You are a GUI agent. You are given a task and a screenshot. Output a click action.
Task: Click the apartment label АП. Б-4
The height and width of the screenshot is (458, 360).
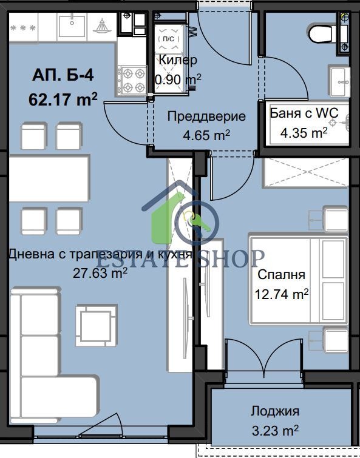click(63, 75)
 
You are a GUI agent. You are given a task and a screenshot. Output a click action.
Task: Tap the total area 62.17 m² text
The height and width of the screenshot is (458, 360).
click(63, 99)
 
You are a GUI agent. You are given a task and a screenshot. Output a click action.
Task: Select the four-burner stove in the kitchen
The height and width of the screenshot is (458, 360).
click(132, 80)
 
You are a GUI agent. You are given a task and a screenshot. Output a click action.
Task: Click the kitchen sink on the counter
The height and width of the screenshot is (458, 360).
click(72, 26)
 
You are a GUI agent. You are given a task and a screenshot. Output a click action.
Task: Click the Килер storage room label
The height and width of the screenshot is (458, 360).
click(178, 60)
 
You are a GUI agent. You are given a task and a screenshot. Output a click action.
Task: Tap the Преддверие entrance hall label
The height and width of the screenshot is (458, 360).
click(206, 116)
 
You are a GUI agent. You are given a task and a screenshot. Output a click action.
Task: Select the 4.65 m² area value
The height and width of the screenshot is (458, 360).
click(206, 135)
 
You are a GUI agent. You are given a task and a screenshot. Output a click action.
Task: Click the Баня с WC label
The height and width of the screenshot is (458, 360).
click(304, 113)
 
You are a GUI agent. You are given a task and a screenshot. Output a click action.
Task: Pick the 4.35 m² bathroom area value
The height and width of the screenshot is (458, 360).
click(304, 133)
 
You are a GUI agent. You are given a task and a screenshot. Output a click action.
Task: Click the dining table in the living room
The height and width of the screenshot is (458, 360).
click(49, 178)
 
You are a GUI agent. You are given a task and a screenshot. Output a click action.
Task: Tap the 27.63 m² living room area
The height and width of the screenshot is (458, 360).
click(100, 273)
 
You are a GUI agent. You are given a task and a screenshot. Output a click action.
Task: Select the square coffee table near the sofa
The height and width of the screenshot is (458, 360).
click(97, 325)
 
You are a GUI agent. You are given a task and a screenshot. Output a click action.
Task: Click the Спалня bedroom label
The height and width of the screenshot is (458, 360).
click(282, 275)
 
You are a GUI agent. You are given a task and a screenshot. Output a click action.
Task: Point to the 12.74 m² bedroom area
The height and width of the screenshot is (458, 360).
click(282, 294)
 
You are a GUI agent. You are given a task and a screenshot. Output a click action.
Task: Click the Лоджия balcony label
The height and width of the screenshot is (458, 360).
click(275, 411)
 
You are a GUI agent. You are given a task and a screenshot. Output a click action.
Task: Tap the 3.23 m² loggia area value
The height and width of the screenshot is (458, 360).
click(275, 430)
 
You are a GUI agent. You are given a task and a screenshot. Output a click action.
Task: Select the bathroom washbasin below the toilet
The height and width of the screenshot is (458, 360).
click(339, 81)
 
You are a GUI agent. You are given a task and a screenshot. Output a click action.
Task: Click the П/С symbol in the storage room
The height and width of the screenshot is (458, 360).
click(169, 39)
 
